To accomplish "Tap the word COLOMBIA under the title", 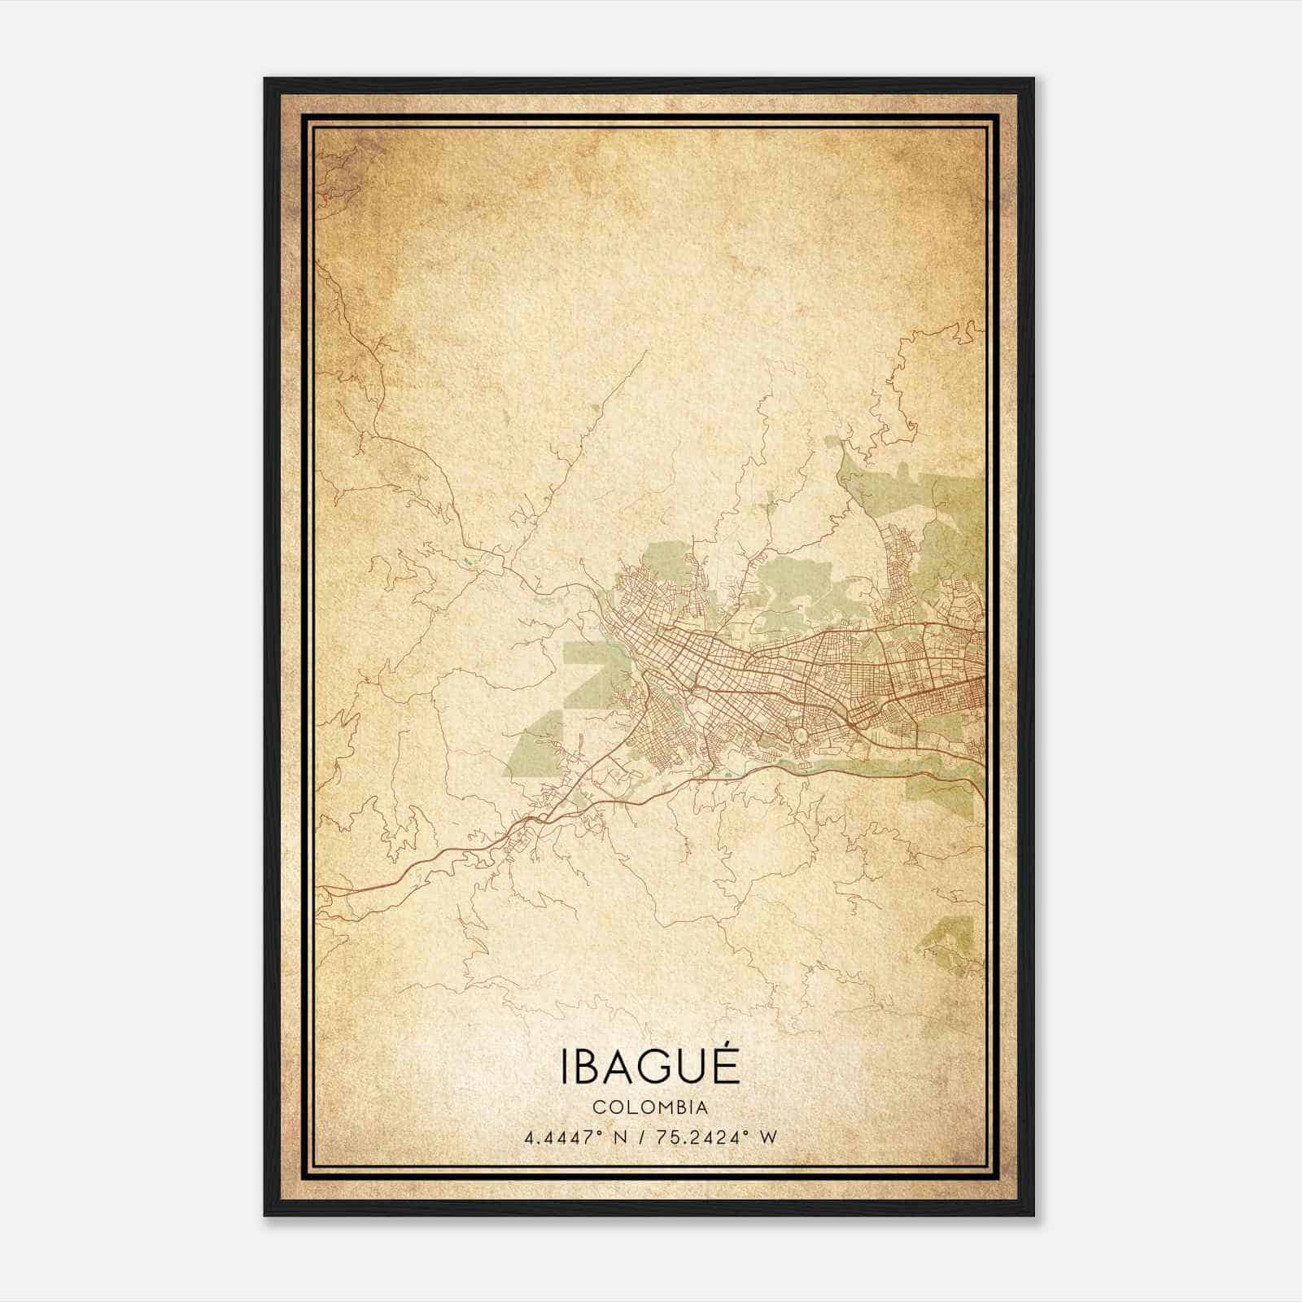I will click(x=649, y=1108).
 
